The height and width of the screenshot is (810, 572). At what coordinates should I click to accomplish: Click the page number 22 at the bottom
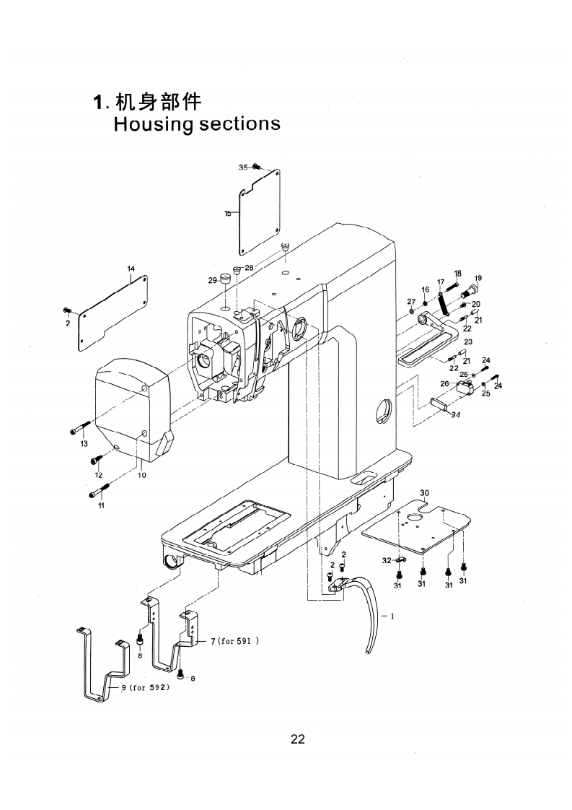tap(297, 739)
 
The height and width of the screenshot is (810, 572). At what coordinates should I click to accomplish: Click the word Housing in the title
tap(153, 123)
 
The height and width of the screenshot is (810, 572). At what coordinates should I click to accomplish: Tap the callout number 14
tap(131, 269)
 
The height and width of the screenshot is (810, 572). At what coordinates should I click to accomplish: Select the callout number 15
tap(227, 214)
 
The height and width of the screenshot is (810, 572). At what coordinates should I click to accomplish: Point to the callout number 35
tap(243, 167)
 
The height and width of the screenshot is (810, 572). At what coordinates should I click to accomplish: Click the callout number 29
tap(213, 280)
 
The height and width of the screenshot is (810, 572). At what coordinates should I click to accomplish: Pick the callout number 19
tap(478, 278)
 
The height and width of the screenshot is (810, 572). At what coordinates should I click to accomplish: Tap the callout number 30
tap(424, 492)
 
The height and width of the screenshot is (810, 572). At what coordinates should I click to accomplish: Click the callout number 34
tap(455, 415)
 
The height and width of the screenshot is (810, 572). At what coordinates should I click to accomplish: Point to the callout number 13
tap(84, 443)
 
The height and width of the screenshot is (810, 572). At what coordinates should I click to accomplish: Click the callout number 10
tap(141, 475)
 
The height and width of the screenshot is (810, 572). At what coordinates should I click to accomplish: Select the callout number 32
tap(386, 560)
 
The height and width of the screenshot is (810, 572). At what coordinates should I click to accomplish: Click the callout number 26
tap(444, 384)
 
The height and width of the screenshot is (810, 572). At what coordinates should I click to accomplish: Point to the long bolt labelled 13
tap(80, 428)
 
